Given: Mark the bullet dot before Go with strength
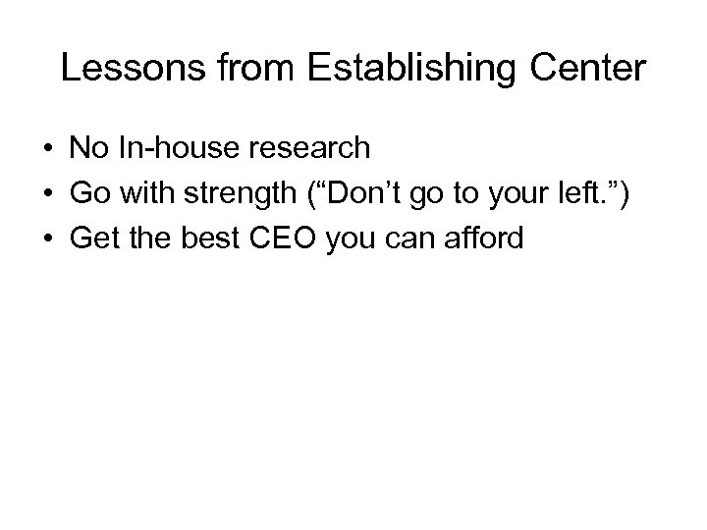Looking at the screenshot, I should coord(47,194).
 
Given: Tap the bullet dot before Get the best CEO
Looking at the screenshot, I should coord(47,238).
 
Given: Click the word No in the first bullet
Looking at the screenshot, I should coord(85,149).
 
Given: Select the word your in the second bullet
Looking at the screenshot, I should coord(525,194).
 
